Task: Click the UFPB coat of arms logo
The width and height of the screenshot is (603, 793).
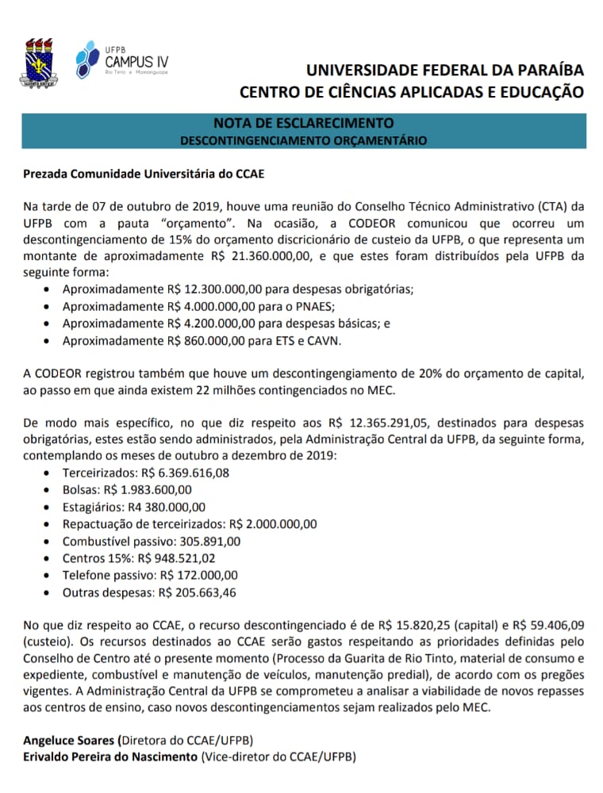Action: point(36,63)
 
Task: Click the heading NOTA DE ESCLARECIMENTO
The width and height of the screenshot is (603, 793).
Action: point(304,123)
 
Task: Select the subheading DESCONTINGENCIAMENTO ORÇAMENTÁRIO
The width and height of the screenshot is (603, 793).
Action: point(304,140)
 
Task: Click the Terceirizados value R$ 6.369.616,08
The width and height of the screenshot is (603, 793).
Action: point(182,473)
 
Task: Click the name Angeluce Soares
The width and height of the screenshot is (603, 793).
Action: point(70,739)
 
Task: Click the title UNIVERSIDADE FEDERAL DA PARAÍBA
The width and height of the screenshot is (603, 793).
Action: point(444,71)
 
